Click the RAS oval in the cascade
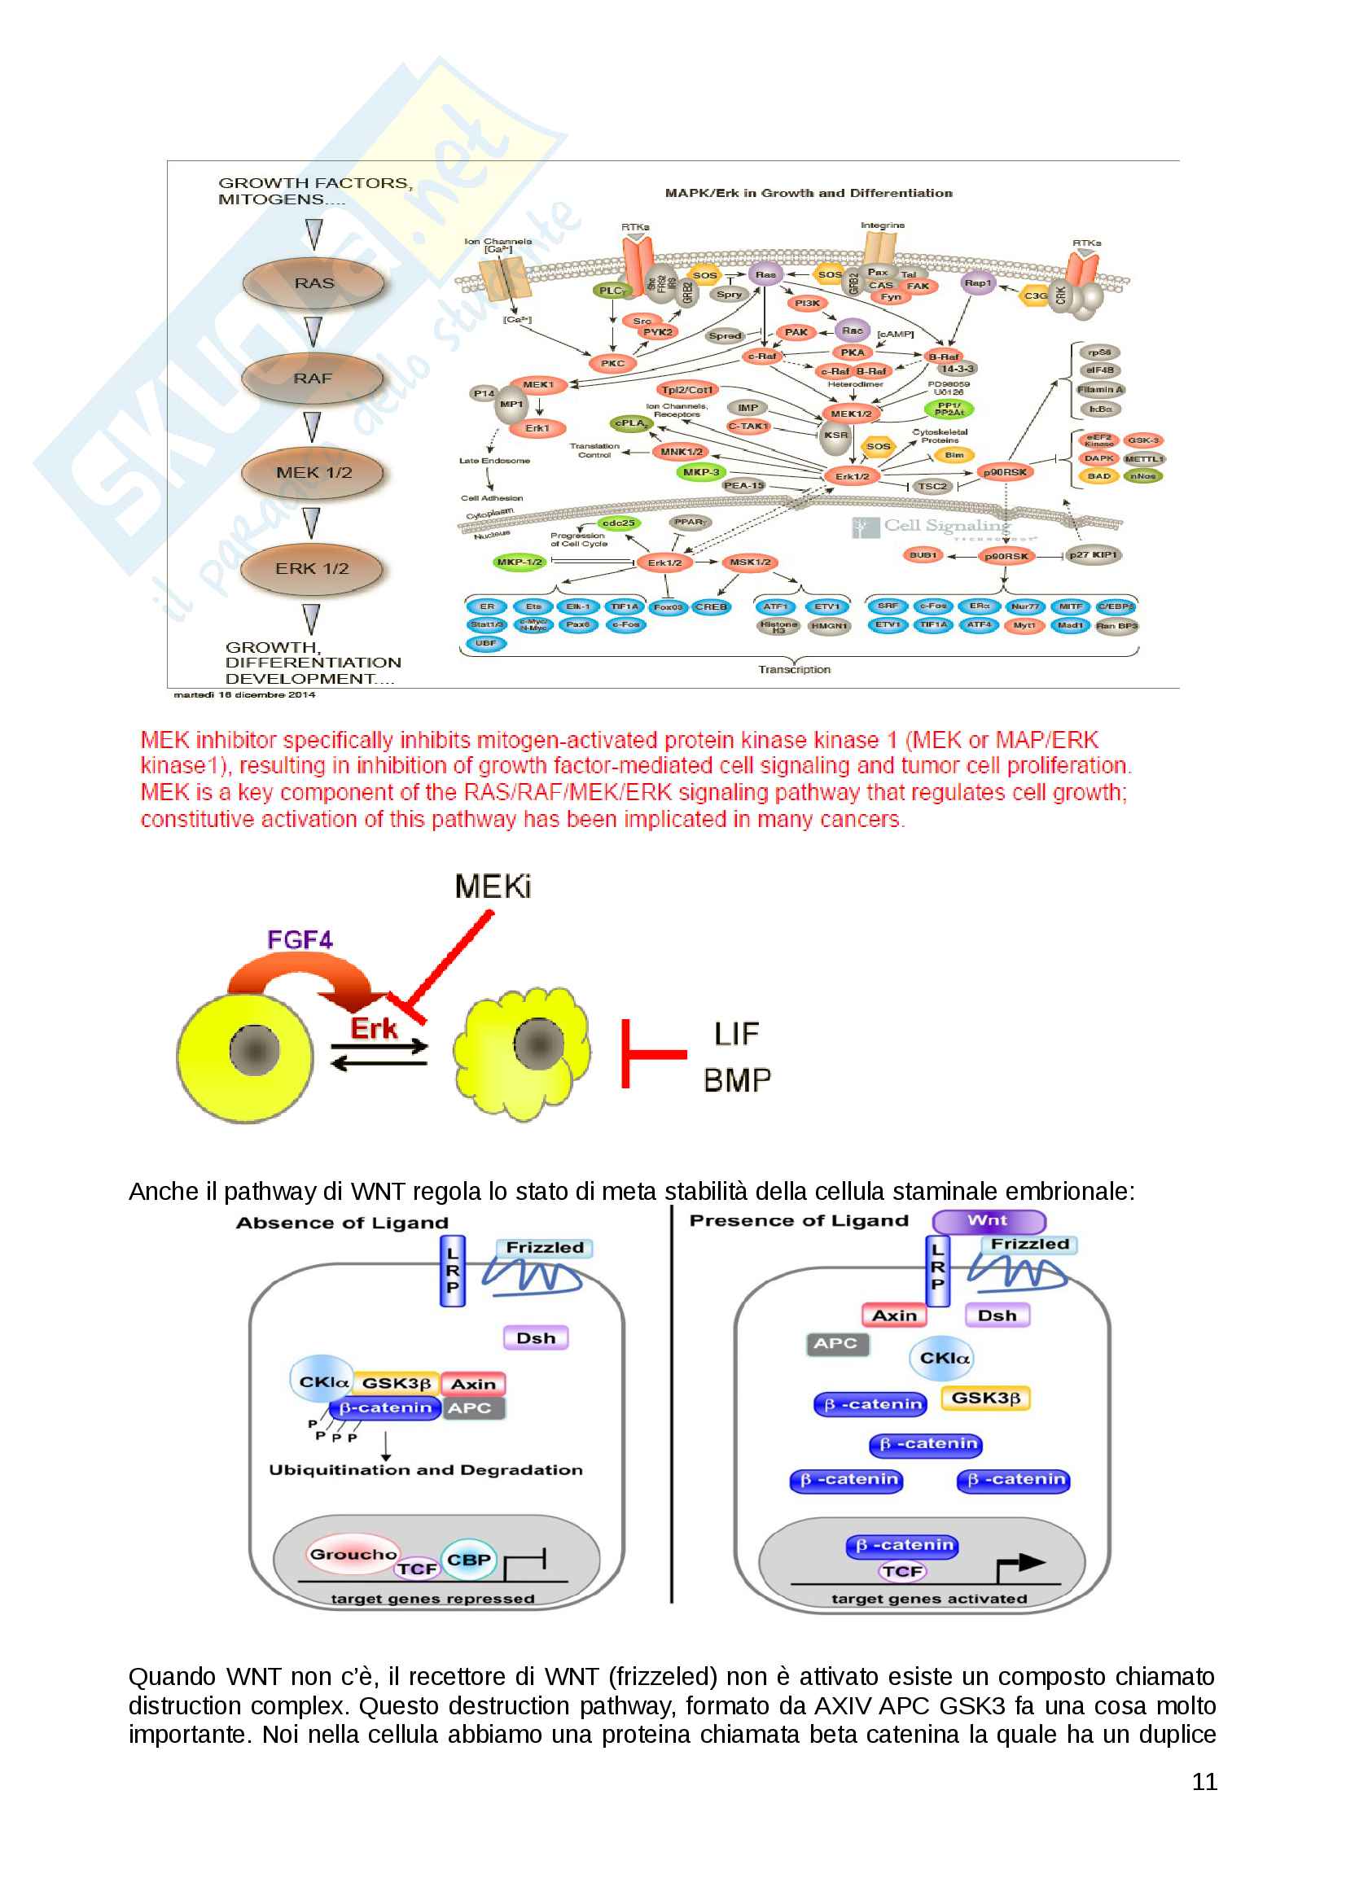click(313, 283)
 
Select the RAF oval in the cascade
click(313, 379)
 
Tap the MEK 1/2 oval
click(313, 473)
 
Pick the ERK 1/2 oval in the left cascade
click(312, 569)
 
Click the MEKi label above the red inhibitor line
click(493, 887)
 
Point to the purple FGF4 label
click(300, 939)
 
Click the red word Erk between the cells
click(373, 1028)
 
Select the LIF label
click(736, 1034)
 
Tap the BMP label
click(737, 1080)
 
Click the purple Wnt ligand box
click(989, 1221)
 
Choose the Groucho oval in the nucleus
click(353, 1554)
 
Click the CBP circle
click(468, 1560)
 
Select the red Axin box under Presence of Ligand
click(894, 1315)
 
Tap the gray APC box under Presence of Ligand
click(836, 1343)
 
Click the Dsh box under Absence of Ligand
click(536, 1338)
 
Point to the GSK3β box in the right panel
click(985, 1398)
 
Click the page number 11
click(1204, 1782)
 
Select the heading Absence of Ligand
click(342, 1223)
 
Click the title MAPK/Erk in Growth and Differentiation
click(809, 193)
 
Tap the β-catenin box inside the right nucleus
click(902, 1545)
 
